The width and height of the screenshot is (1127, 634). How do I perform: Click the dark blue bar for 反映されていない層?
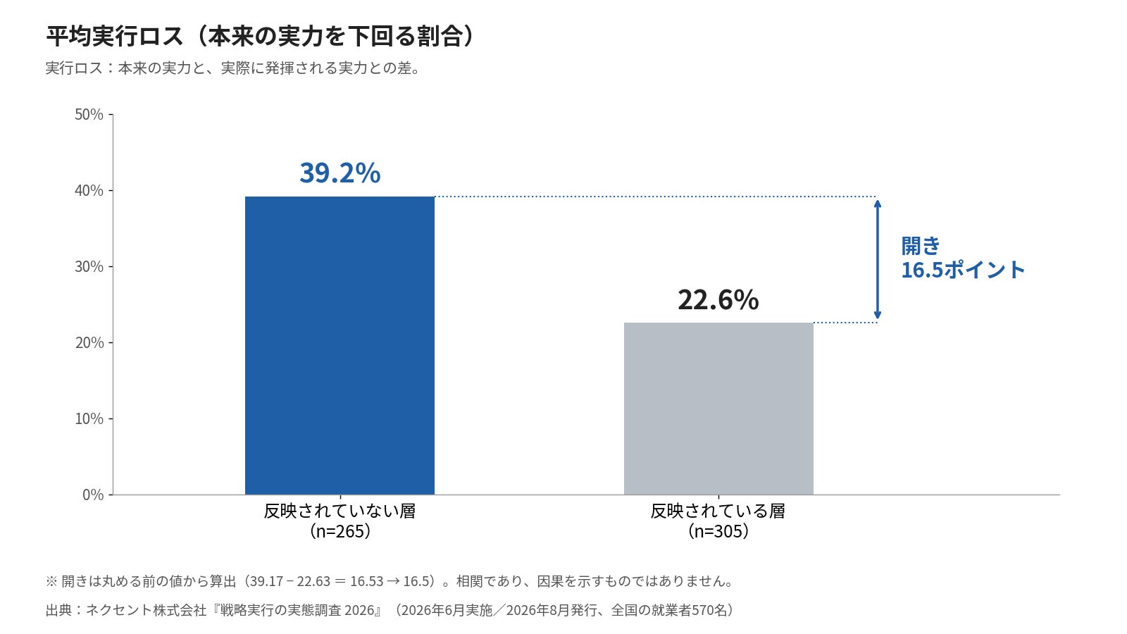340,345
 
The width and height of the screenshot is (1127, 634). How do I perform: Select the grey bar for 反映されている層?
718,409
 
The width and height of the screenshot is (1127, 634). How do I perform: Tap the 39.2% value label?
340,173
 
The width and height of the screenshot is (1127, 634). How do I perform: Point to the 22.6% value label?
718,300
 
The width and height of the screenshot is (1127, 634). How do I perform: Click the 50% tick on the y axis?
89,115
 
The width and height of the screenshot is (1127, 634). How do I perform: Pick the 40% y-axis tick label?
89,191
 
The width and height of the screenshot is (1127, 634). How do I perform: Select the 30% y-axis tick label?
89,267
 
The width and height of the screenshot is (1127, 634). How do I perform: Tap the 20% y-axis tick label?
89,342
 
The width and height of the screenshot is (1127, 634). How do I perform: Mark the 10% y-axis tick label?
89,418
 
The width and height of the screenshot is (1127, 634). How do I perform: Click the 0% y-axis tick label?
93,495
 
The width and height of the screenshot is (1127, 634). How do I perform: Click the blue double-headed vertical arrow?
878,260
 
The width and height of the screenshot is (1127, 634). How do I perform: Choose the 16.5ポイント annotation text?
962,271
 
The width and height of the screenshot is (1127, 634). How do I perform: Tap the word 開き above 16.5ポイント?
920,246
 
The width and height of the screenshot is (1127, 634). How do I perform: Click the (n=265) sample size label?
340,531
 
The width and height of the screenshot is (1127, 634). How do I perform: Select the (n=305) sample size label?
718,531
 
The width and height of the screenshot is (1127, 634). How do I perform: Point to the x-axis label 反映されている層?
718,511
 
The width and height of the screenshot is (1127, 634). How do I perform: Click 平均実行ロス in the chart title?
115,36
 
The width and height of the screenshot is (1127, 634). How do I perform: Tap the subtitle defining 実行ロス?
232,68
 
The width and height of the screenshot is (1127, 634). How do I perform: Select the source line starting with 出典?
390,610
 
